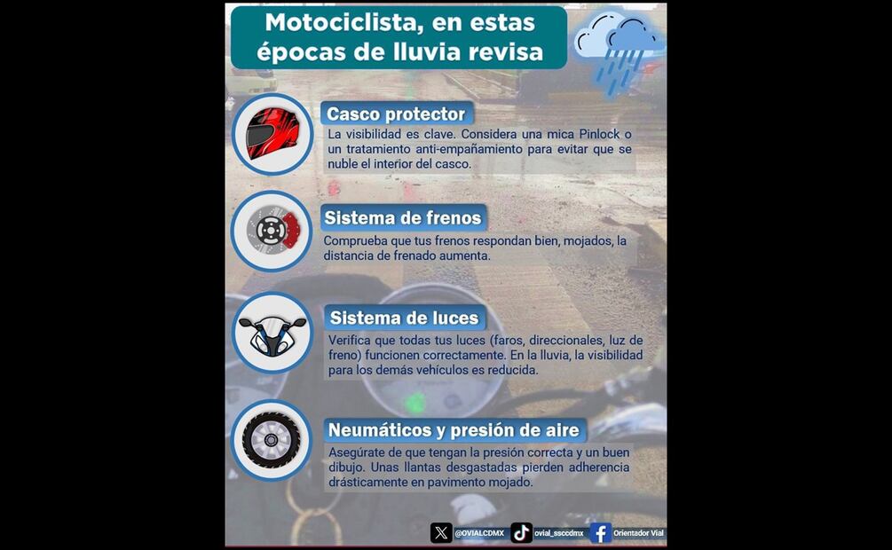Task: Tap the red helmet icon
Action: [x=272, y=133]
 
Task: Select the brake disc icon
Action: [x=273, y=231]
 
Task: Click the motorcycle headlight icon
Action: [x=272, y=335]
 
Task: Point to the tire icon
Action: [x=272, y=440]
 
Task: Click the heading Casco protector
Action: [x=396, y=114]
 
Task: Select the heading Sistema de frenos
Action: [x=403, y=218]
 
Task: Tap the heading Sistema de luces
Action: [x=405, y=318]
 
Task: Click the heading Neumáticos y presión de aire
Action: [x=454, y=430]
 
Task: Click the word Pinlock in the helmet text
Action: [x=600, y=135]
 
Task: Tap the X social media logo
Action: [x=441, y=533]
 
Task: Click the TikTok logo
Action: [x=521, y=533]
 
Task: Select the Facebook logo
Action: [x=600, y=533]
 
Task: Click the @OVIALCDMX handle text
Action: [x=479, y=533]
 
